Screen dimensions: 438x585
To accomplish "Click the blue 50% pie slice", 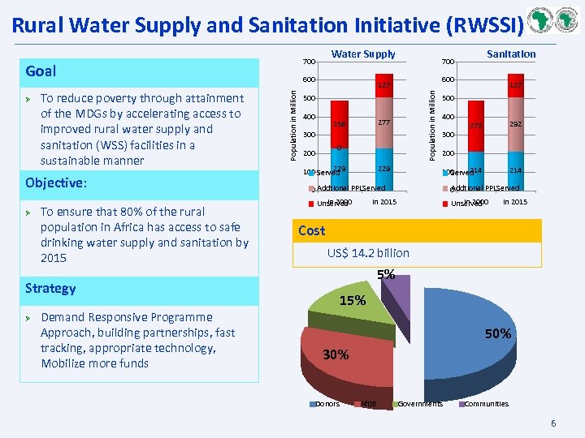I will (471, 333).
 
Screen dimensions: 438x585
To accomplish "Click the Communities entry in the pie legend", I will (486, 404).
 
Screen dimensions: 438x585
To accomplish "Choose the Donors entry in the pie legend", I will (327, 404).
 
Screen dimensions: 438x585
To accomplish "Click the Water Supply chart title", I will (363, 54).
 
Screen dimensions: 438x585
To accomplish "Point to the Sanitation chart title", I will (511, 54).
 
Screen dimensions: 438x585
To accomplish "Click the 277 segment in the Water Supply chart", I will (384, 122).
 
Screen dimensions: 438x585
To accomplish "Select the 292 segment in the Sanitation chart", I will (514, 124).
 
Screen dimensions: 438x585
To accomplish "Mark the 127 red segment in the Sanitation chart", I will (514, 85).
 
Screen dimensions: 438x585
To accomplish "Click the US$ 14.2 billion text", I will (368, 253).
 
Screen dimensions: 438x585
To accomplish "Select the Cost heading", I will (311, 230).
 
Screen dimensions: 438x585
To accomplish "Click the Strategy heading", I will (50, 289).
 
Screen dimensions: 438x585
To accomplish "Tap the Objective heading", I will (55, 182).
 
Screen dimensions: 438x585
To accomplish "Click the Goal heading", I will (41, 71).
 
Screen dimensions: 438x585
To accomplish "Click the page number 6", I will (553, 423).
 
